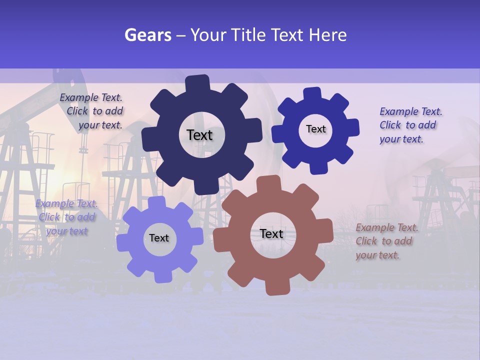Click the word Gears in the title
tap(147, 35)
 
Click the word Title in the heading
tap(249, 35)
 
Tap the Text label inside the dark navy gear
tap(199, 135)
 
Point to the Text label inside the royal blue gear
tap(315, 129)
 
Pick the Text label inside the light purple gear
tap(159, 238)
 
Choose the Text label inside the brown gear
tap(271, 233)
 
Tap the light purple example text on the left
tap(66, 217)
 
